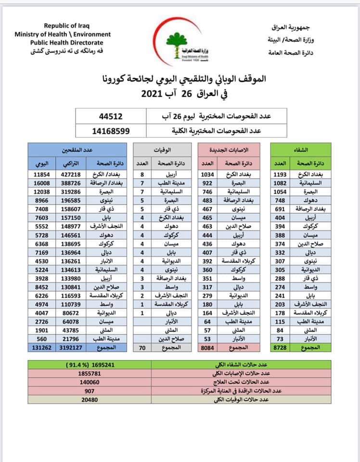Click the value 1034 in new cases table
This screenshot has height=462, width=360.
(x=221, y=174)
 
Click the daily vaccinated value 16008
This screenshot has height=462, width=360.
(x=42, y=183)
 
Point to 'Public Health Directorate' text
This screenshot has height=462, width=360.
(x=63, y=42)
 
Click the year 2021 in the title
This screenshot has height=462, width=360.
(x=154, y=93)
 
